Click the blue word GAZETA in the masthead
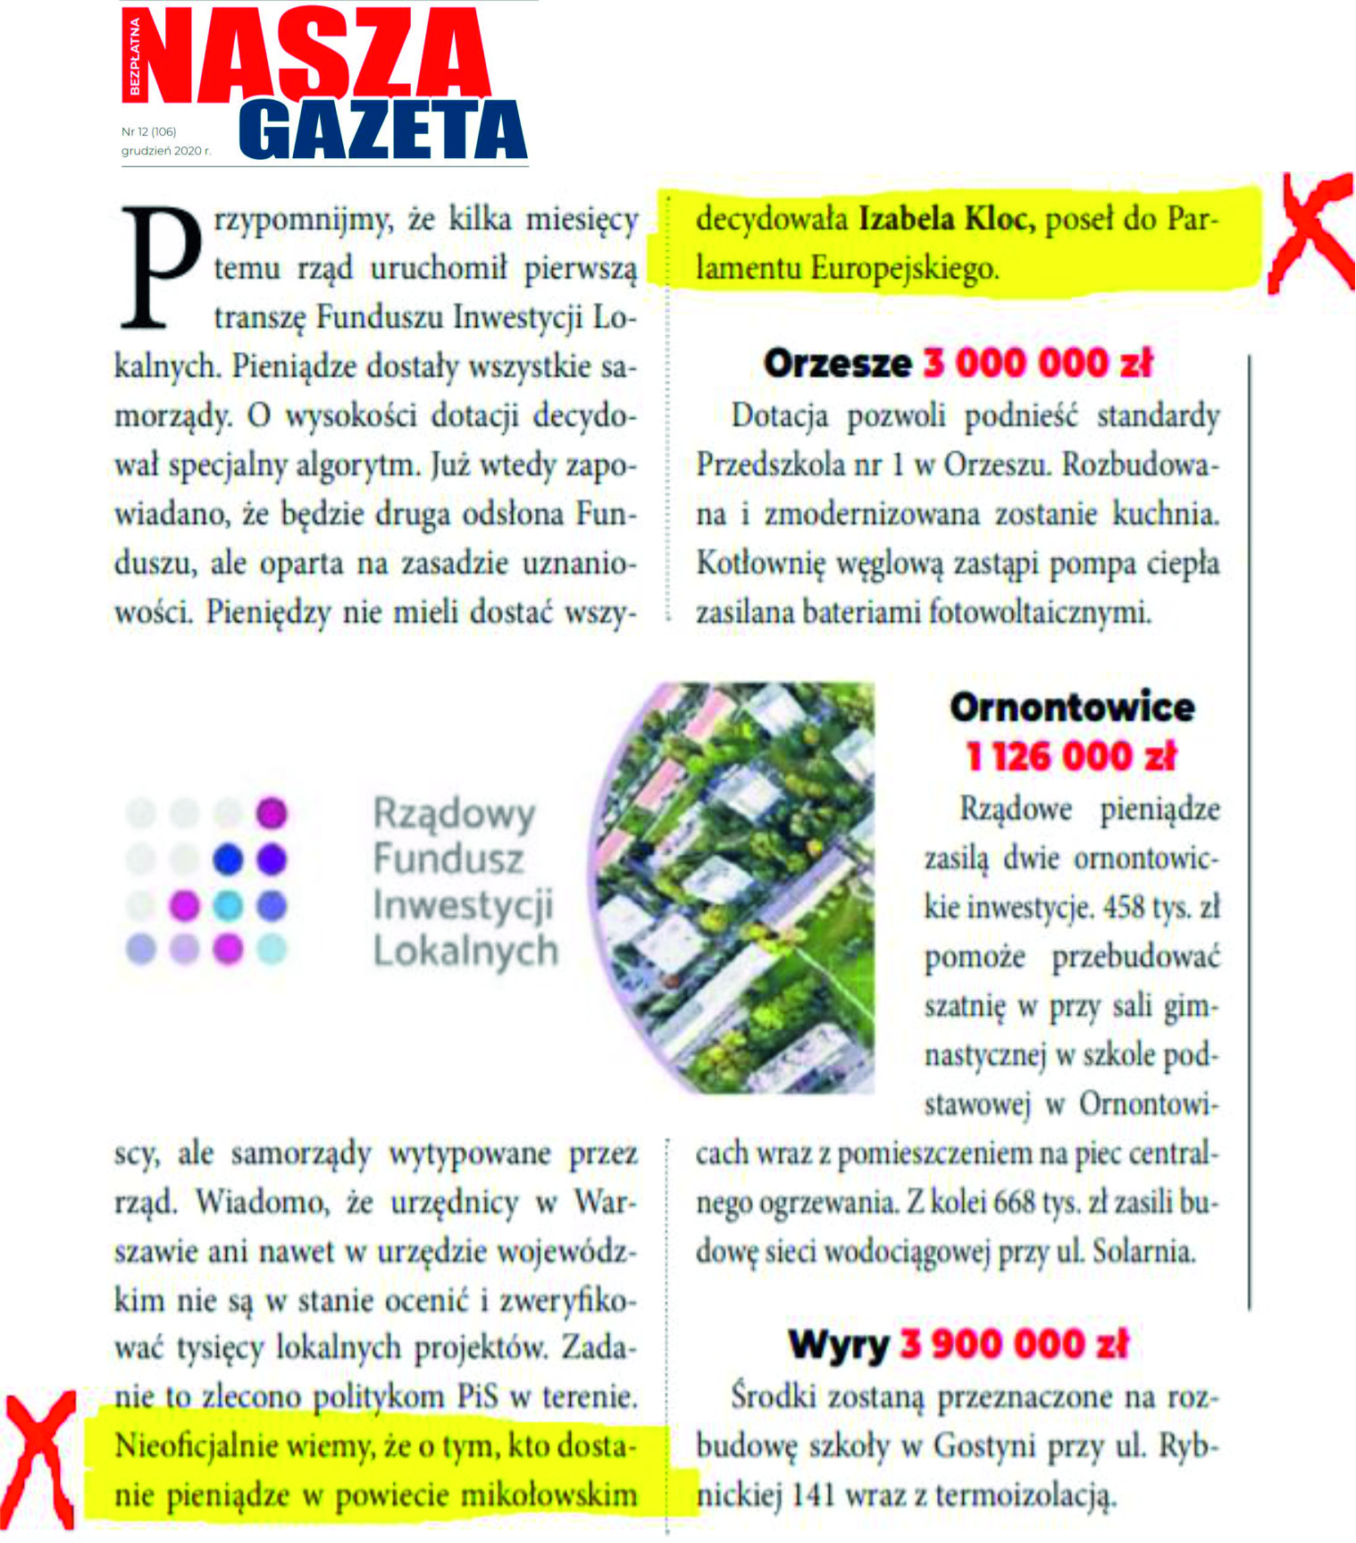click(x=382, y=130)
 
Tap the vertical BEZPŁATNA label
click(x=134, y=55)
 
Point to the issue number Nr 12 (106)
click(x=149, y=131)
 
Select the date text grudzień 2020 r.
click(x=166, y=151)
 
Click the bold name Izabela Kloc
click(x=946, y=219)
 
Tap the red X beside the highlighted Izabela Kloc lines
click(x=1311, y=231)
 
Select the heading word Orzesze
click(x=837, y=364)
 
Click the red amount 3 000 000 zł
click(x=1038, y=364)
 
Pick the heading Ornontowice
click(x=1072, y=708)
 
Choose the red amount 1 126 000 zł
click(x=1072, y=757)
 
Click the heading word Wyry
click(x=838, y=1345)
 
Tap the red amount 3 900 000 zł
click(x=1014, y=1345)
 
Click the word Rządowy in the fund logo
click(x=454, y=813)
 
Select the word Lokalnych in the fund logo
click(x=465, y=951)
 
